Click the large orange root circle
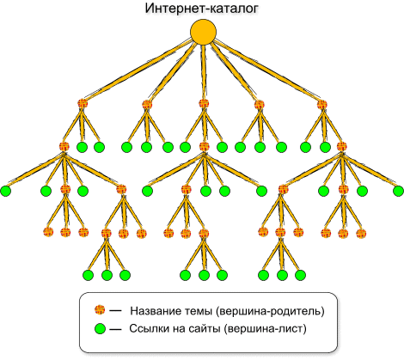203,33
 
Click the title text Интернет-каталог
202,8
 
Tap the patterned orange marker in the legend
100,310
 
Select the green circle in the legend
100,329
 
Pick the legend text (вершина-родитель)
270,311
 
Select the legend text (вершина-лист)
265,329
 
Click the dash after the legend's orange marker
115,311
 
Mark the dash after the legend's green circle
115,329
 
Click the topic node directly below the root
204,104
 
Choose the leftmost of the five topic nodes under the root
83,104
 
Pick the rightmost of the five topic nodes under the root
322,104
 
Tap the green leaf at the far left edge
5,191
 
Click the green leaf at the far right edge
399,191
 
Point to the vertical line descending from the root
204,72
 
